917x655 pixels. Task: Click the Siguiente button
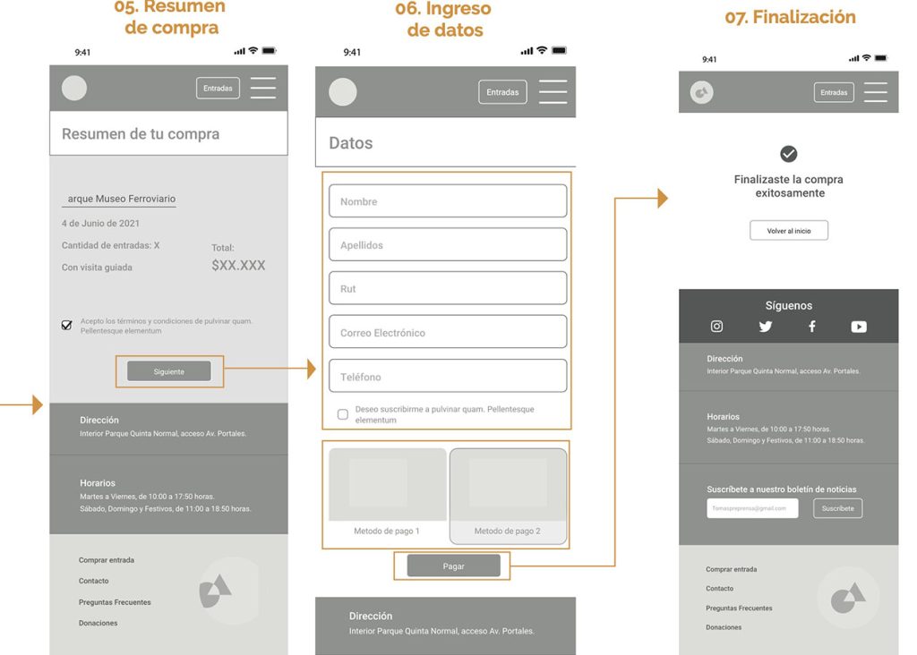click(168, 371)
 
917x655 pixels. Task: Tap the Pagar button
click(453, 566)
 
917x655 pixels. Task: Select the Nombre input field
click(447, 201)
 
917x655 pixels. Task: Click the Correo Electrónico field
click(447, 332)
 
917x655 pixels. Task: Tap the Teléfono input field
click(447, 377)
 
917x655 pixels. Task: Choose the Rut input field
click(447, 288)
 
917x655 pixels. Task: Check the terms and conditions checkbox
click(66, 326)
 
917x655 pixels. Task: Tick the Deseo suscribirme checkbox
click(342, 414)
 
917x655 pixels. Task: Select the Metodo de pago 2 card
click(508, 496)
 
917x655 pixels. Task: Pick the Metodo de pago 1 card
click(387, 496)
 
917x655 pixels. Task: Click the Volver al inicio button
click(788, 231)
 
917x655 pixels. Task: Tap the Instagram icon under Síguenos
click(716, 327)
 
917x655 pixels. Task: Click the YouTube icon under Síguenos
click(858, 327)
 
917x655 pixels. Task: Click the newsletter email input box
click(751, 508)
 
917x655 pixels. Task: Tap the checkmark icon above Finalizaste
click(788, 154)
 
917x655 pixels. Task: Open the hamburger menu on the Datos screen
click(553, 92)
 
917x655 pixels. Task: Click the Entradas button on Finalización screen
click(833, 92)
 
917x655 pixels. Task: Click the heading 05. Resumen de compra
click(171, 17)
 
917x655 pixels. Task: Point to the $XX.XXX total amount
click(238, 266)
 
